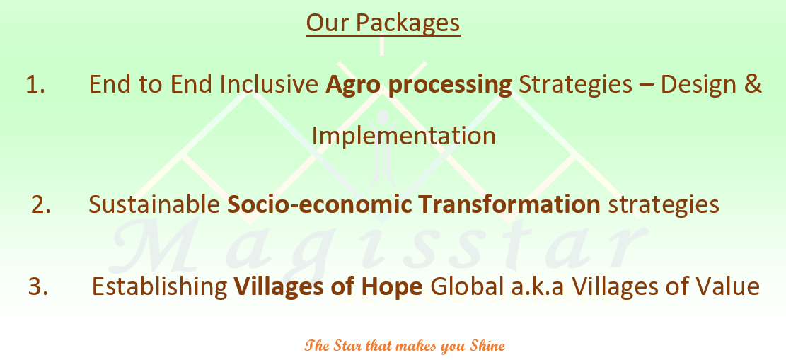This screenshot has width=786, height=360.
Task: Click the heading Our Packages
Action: [x=383, y=23]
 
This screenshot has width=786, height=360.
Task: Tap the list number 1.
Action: [x=35, y=85]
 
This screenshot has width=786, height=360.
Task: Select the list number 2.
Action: [x=41, y=205]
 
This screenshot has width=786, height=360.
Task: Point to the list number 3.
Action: [x=39, y=286]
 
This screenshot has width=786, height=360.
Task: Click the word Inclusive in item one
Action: [x=269, y=84]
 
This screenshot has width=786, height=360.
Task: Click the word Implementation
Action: [x=404, y=137]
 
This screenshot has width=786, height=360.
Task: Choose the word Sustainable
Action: [x=155, y=204]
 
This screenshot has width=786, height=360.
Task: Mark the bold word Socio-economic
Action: [x=319, y=204]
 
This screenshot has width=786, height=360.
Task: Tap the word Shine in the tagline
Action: [x=487, y=346]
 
